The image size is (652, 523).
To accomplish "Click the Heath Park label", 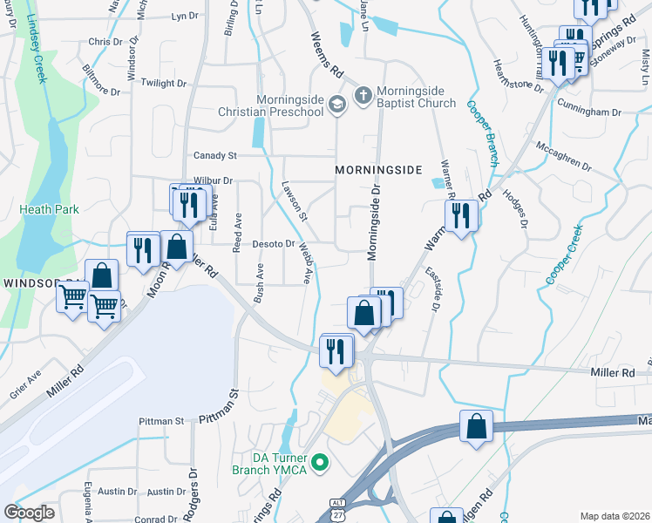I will tap(49, 209).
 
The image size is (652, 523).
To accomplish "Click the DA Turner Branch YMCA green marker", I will tap(320, 461).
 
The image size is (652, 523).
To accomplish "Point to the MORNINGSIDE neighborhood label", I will tap(379, 168).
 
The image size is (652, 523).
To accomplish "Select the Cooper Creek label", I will tap(563, 254).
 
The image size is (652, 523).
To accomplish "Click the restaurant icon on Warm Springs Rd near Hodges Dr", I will tap(460, 215).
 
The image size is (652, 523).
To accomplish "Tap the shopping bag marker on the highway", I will tap(476, 427).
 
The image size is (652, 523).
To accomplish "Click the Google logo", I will tap(30, 513).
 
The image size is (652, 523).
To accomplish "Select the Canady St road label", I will tap(214, 155).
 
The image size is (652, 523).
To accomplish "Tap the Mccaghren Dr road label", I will tap(564, 158).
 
